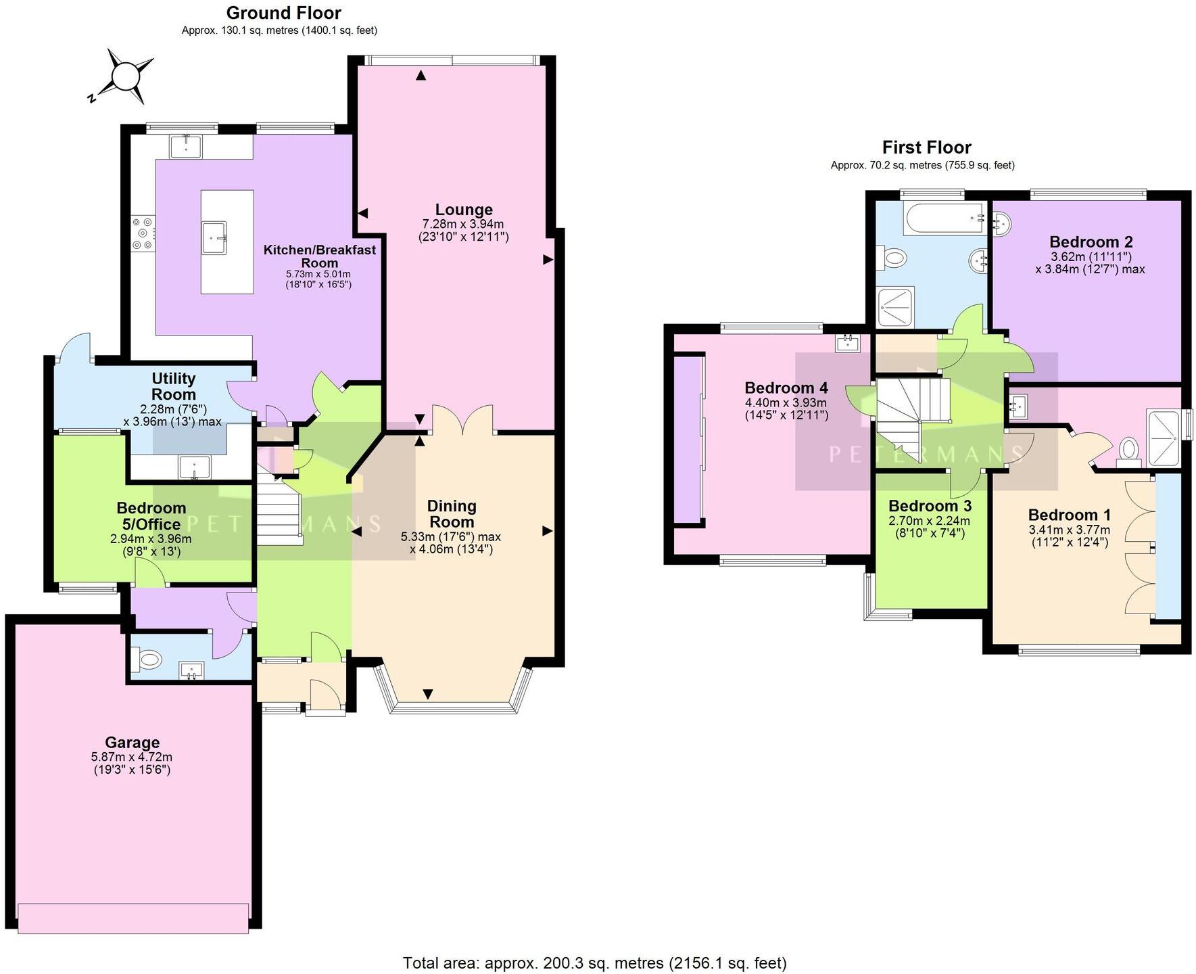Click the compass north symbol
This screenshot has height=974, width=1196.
[124, 76]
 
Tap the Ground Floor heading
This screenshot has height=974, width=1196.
[283, 13]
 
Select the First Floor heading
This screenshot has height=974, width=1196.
[926, 147]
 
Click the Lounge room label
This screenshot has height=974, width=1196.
[463, 210]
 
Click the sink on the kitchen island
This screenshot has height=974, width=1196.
[218, 237]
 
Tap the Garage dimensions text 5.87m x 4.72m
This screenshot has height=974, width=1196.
[132, 757]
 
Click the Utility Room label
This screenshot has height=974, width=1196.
[174, 386]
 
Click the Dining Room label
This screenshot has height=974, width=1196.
[452, 514]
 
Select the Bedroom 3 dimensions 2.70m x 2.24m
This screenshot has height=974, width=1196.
[929, 520]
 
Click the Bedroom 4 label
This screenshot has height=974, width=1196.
[786, 388]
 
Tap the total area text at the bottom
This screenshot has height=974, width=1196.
[594, 963]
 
